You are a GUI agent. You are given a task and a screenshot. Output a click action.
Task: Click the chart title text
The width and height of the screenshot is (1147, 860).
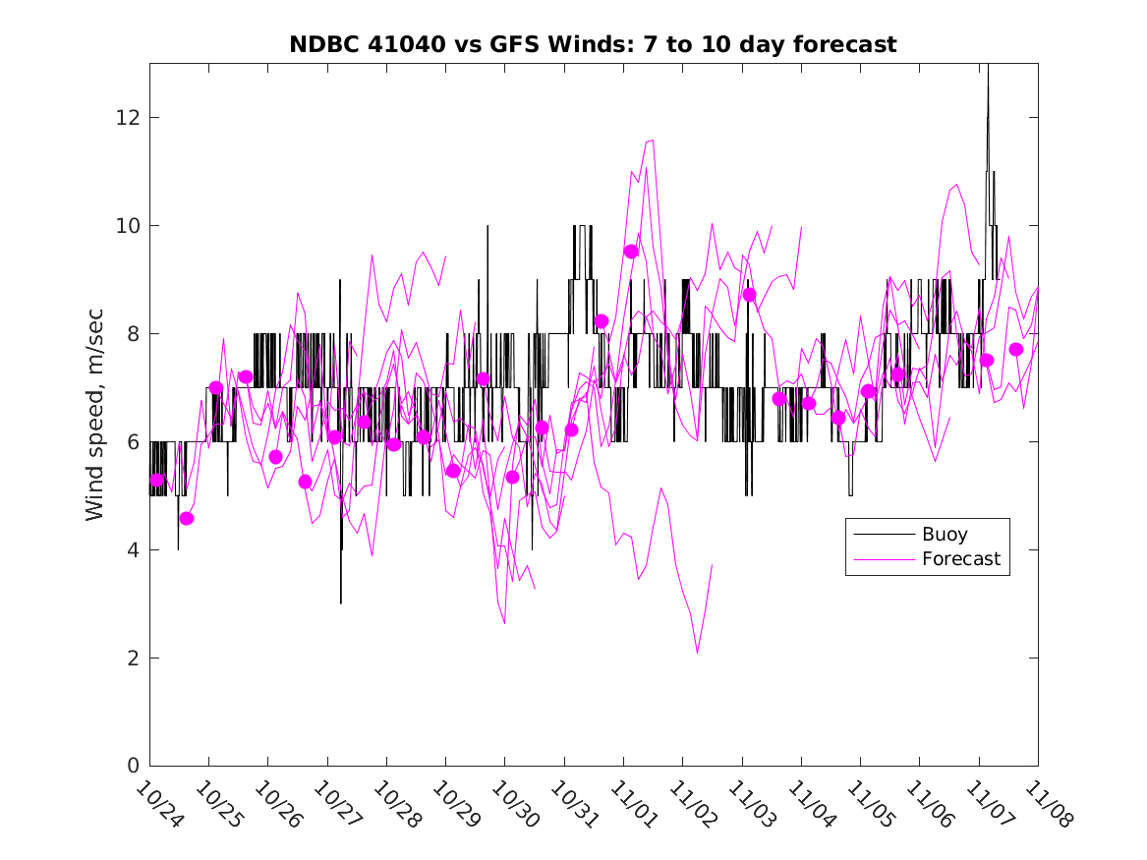coord(593,44)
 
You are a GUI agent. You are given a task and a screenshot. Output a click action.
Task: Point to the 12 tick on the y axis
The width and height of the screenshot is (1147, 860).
coord(129,117)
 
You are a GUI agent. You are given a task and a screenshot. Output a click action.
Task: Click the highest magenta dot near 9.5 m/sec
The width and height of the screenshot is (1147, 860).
coord(631,252)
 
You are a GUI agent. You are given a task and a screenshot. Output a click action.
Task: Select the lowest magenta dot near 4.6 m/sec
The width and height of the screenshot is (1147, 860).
coord(187,518)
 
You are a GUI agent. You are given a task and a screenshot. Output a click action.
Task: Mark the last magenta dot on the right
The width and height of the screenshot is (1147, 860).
coord(1016,350)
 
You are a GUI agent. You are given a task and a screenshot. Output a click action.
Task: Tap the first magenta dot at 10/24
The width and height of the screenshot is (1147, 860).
coord(157,480)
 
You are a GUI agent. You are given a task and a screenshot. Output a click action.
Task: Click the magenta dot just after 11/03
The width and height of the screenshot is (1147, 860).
coord(749,295)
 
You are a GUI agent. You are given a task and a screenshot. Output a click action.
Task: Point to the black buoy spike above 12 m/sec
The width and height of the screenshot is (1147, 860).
coord(988,74)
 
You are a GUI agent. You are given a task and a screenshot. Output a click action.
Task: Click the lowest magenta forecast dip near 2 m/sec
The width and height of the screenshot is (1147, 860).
coord(697,653)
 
